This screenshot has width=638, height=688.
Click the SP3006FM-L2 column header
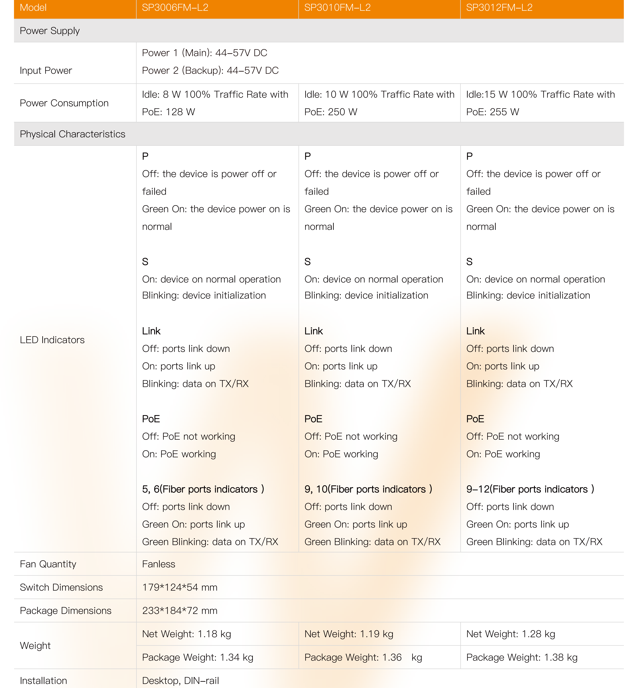[x=175, y=8]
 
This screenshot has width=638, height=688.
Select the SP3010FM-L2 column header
[x=337, y=8]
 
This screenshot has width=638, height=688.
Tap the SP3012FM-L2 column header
[x=499, y=8]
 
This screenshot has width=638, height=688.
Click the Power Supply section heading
[x=50, y=31]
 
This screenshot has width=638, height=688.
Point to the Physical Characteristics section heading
[x=73, y=134]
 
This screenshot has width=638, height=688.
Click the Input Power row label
[x=46, y=70]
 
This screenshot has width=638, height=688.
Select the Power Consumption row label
[x=64, y=103]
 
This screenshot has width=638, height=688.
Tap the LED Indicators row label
[x=52, y=340]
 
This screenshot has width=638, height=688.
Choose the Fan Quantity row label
[x=48, y=564]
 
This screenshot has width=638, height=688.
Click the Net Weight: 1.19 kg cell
[x=349, y=634]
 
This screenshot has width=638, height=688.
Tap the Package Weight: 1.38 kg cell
[x=522, y=657]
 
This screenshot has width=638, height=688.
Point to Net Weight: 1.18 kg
[x=186, y=634]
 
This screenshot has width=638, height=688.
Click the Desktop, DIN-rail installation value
[x=181, y=680]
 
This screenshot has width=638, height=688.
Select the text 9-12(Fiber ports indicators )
[x=530, y=489]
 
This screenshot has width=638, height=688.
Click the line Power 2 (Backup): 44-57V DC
[x=210, y=70]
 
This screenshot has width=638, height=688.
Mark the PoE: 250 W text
[x=331, y=112]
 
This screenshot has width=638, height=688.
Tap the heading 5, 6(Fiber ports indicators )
[x=203, y=489]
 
